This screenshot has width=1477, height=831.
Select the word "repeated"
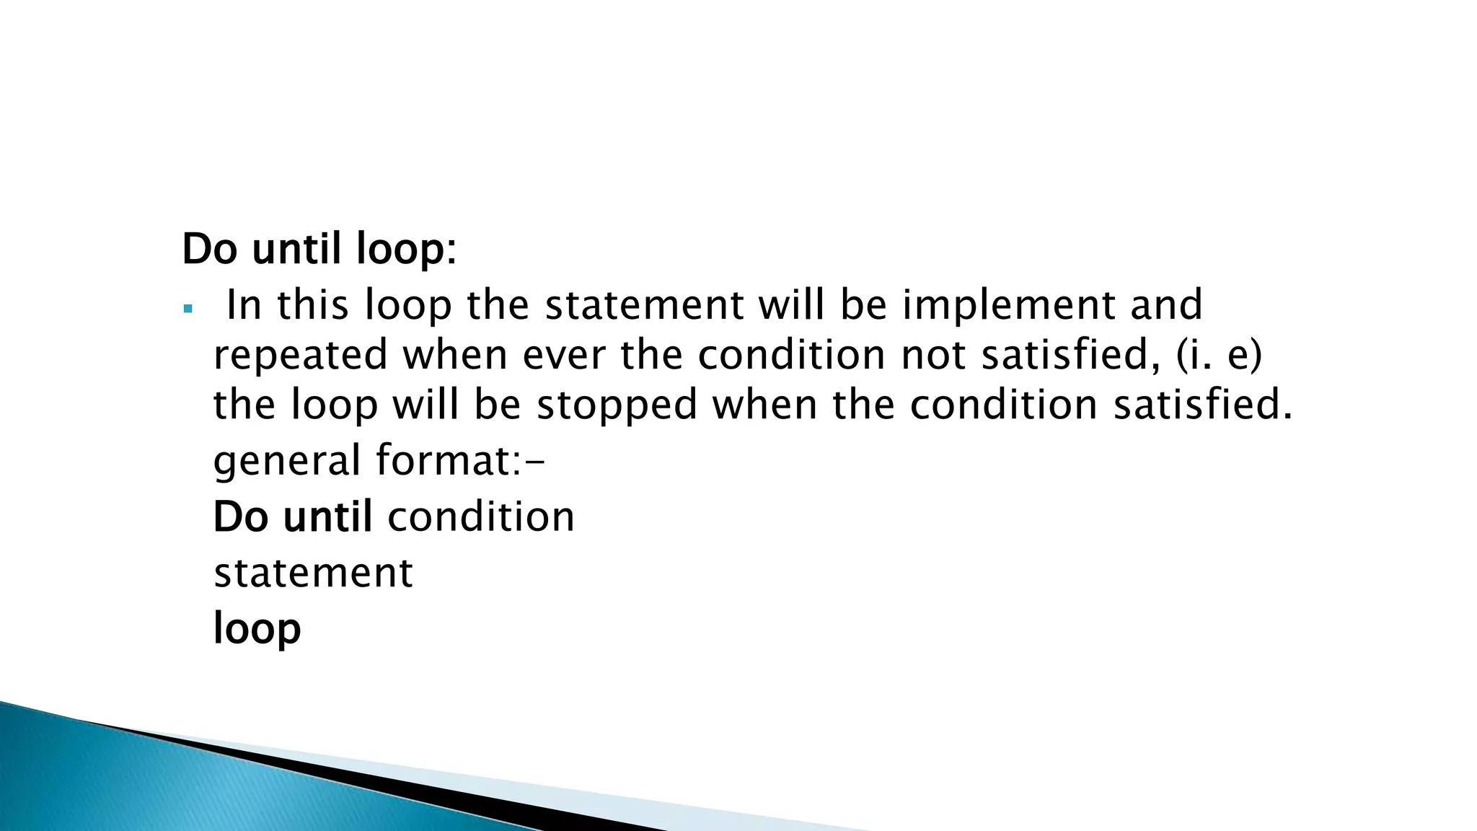(300, 356)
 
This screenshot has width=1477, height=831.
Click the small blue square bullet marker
(188, 309)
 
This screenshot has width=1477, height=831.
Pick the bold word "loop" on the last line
(257, 629)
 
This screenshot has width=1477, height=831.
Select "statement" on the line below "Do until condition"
(313, 573)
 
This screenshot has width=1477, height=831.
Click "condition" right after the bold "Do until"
(481, 517)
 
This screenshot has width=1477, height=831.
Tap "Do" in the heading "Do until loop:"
(211, 250)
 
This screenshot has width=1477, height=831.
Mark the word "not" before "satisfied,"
(933, 356)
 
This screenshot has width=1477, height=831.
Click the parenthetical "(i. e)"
(1219, 356)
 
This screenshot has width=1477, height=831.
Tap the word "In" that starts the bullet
(243, 305)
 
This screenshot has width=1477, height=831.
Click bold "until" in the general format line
(328, 517)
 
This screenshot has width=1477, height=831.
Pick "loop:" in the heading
(406, 250)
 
